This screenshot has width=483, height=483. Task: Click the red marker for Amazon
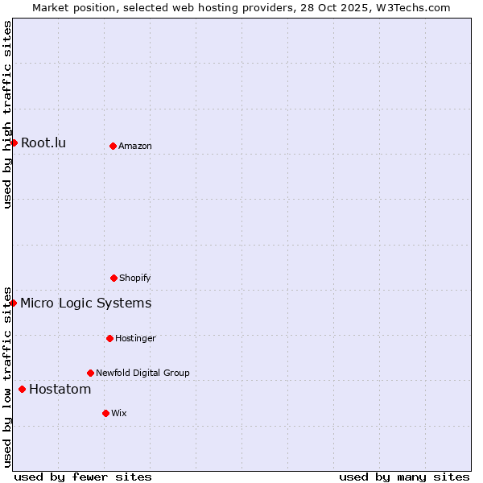pyautogui.click(x=113, y=146)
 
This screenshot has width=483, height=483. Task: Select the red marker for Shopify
pyautogui.click(x=114, y=278)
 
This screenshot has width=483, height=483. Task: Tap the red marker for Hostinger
pyautogui.click(x=109, y=338)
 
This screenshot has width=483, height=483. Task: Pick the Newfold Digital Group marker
pyautogui.click(x=90, y=373)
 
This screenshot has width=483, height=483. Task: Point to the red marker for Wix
pyautogui.click(x=105, y=413)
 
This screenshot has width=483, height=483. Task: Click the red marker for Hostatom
pyautogui.click(x=22, y=390)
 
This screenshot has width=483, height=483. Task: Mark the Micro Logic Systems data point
pyautogui.click(x=14, y=303)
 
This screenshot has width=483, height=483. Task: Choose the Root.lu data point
pyautogui.click(x=14, y=142)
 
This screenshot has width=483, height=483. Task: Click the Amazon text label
pyautogui.click(x=135, y=147)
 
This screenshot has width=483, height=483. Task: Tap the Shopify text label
pyautogui.click(x=135, y=279)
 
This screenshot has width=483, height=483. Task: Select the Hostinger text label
pyautogui.click(x=135, y=339)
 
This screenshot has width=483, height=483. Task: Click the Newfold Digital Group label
pyautogui.click(x=142, y=374)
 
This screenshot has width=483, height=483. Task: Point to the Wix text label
pyautogui.click(x=119, y=414)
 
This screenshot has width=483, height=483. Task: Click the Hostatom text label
pyautogui.click(x=60, y=390)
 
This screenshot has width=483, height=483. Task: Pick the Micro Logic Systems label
pyautogui.click(x=85, y=303)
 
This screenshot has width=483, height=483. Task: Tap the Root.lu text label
pyautogui.click(x=43, y=143)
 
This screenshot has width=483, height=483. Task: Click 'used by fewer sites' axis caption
pyautogui.click(x=83, y=477)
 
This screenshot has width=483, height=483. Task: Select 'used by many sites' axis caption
pyautogui.click(x=404, y=477)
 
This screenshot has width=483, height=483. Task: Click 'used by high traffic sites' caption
pyautogui.click(x=8, y=114)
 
